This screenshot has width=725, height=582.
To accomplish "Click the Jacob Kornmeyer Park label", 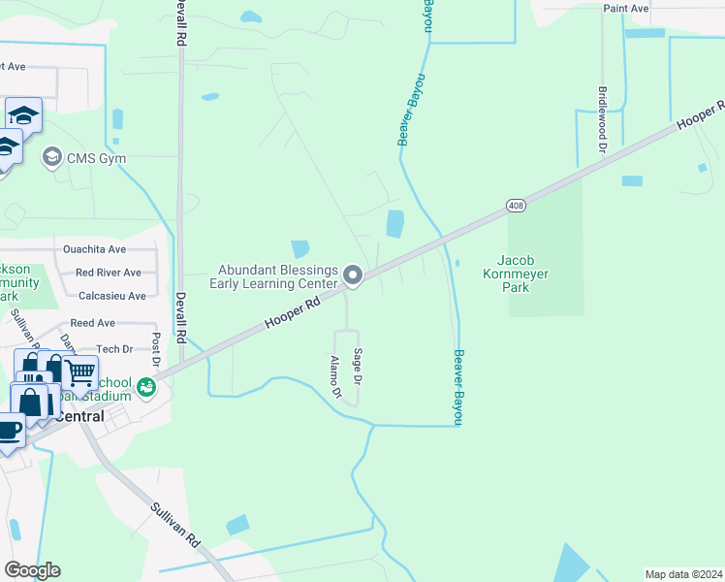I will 522,274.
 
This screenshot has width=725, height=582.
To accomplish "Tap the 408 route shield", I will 515,206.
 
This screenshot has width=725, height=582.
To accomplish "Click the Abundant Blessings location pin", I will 354,276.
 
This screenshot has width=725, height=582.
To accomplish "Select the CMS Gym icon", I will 51,156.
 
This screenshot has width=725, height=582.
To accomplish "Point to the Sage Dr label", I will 358,365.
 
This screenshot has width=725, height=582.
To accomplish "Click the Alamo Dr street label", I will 335,377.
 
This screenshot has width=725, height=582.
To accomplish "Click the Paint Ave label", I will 625,8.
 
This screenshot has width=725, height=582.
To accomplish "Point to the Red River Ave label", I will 108,273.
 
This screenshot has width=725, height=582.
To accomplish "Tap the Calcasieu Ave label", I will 112,296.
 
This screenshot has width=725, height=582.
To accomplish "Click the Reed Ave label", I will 92,323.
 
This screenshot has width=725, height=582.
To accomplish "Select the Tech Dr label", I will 114,348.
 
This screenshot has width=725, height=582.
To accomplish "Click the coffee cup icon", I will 10,428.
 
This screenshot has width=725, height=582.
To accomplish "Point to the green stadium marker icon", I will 146,387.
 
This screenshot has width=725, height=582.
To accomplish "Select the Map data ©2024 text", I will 683,573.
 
